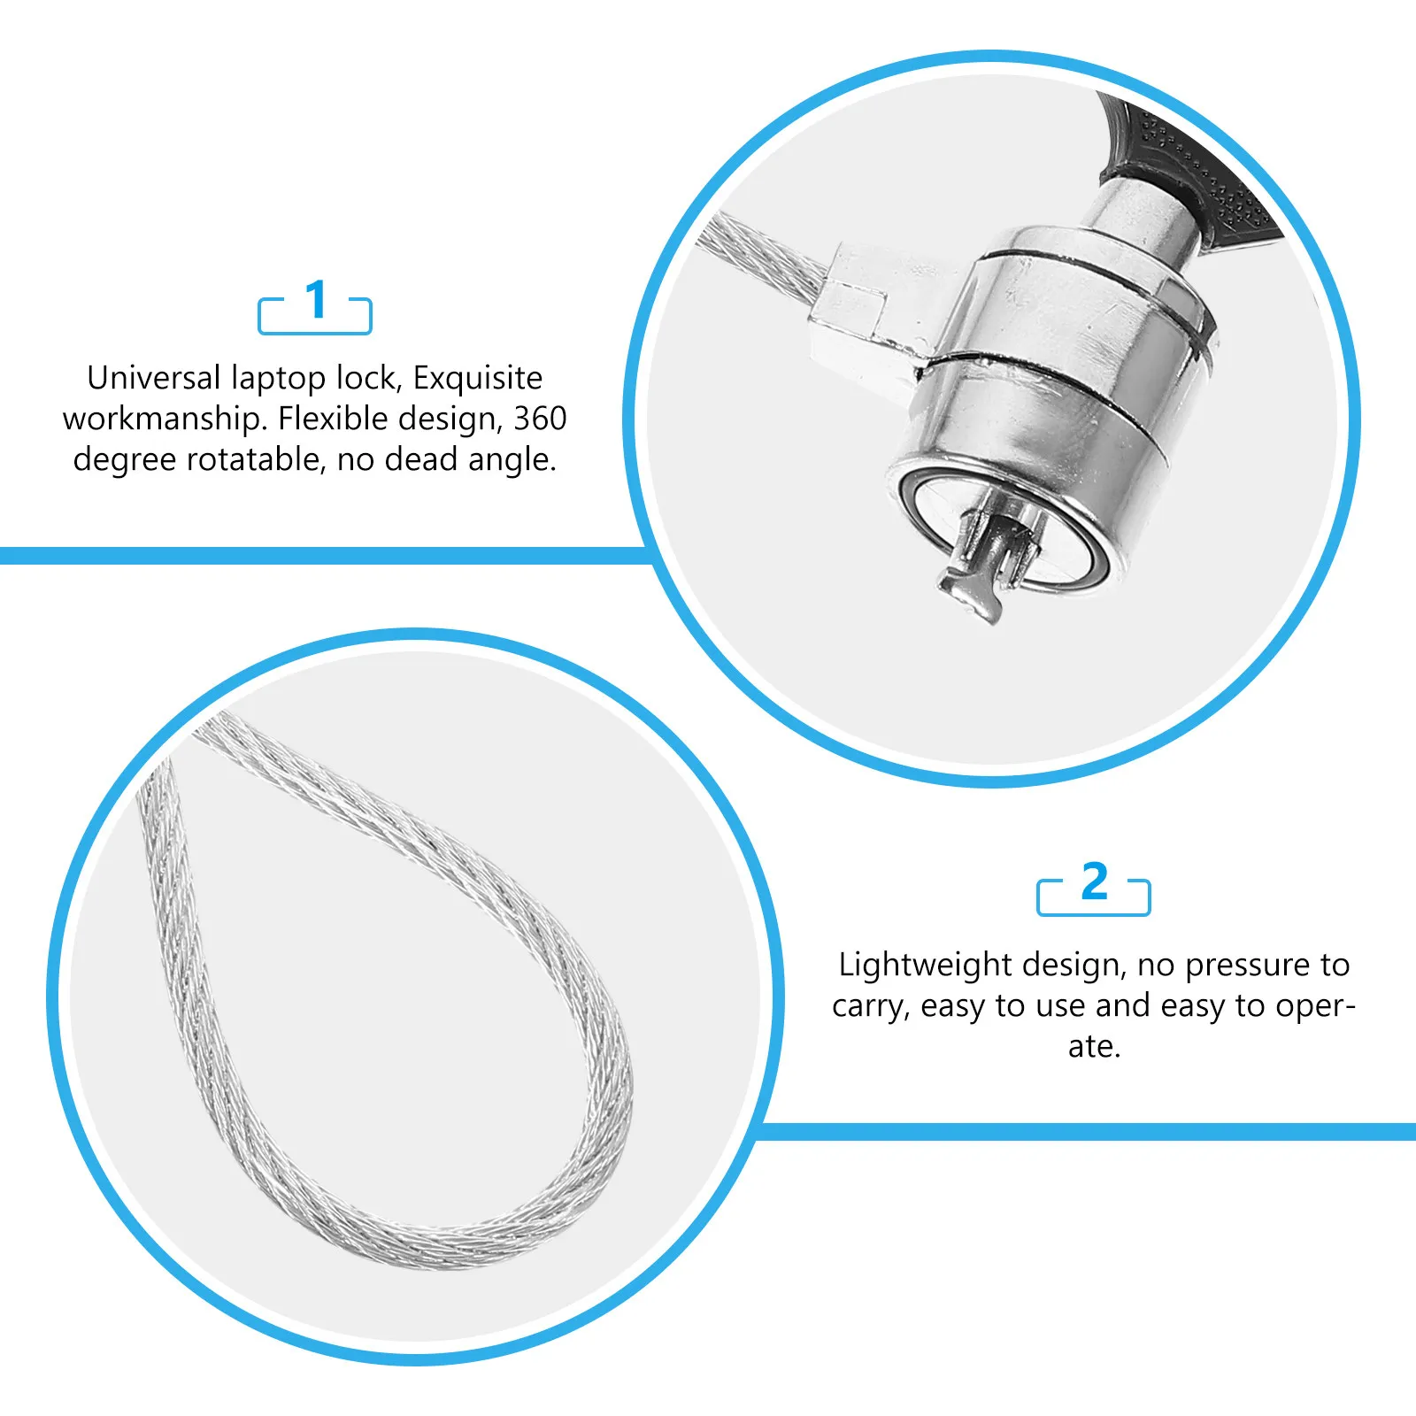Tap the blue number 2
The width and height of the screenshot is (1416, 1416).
[1095, 881]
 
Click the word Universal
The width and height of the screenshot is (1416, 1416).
[154, 378]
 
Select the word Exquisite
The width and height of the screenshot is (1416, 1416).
[478, 379]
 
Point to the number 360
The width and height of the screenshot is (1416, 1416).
[540, 419]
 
